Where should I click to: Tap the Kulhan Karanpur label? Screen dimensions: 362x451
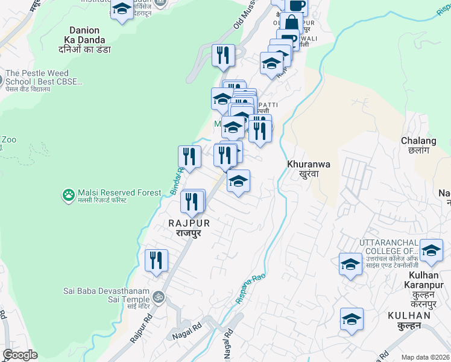pyautogui.click(x=423, y=285)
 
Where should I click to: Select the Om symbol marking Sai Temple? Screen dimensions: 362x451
pyautogui.click(x=159, y=296)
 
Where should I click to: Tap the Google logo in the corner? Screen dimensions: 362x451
pyautogui.click(x=20, y=355)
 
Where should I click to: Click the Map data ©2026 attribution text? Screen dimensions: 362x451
pyautogui.click(x=425, y=357)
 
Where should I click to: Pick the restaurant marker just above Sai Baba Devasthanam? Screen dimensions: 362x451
pyautogui.click(x=156, y=261)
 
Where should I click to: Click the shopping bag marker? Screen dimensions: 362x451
pyautogui.click(x=291, y=24)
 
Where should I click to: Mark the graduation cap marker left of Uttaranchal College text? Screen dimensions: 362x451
pyautogui.click(x=350, y=264)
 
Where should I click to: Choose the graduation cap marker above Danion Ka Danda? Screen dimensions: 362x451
pyautogui.click(x=122, y=10)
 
